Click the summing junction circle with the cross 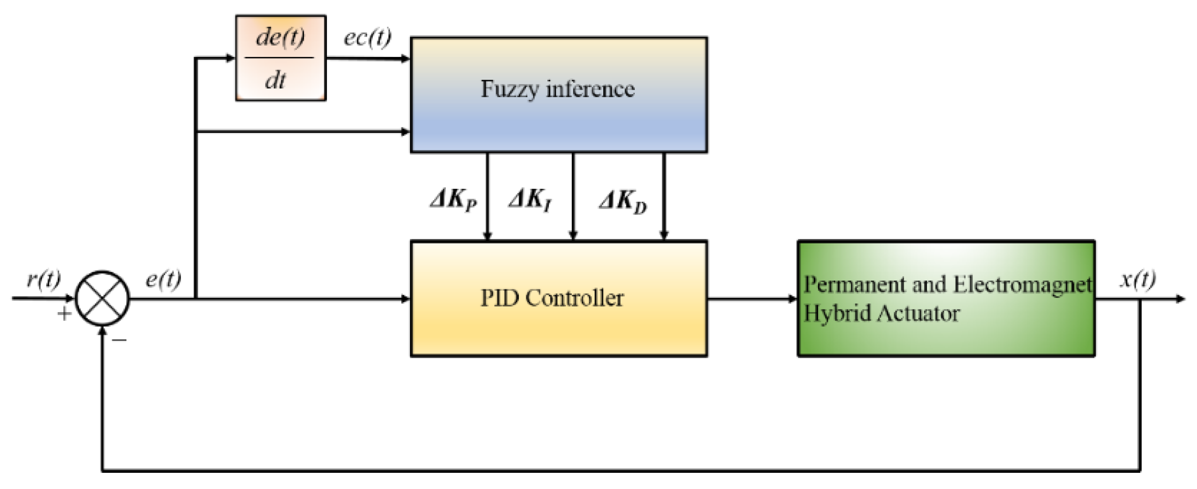pos(102,298)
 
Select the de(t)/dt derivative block pos(281,58)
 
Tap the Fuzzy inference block pos(559,95)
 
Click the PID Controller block pos(559,299)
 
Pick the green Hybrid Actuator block pos(946,299)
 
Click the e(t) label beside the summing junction pos(163,279)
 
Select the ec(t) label pos(367,37)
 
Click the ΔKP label pos(453,201)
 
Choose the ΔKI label pos(530,201)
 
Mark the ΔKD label pos(623,202)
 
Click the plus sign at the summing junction pos(64,314)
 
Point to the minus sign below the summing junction pos(119,340)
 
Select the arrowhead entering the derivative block pos(231,58)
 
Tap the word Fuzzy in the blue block pos(509,89)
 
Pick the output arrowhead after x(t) pos(1180,299)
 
